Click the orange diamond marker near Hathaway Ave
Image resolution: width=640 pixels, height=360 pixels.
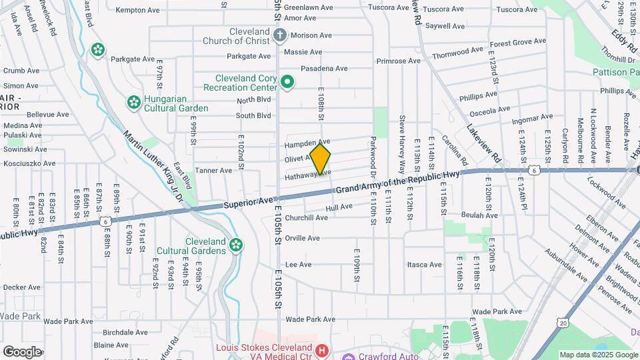tap(320, 159)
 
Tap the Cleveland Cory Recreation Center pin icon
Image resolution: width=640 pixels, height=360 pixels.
tap(287, 83)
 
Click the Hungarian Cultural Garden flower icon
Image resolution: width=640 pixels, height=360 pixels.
tap(133, 103)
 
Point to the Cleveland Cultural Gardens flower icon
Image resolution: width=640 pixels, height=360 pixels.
tap(235, 245)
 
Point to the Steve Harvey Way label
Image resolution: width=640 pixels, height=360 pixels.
tap(402, 144)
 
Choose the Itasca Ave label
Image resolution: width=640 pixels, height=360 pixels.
tap(425, 265)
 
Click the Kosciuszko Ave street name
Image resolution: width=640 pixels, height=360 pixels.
tap(29, 163)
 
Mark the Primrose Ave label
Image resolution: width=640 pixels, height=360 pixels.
tap(398, 61)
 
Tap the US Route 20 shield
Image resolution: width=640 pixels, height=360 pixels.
tap(564, 323)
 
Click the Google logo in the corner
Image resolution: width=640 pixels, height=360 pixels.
tap(22, 351)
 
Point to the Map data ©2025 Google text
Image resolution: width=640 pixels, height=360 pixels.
tap(598, 355)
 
